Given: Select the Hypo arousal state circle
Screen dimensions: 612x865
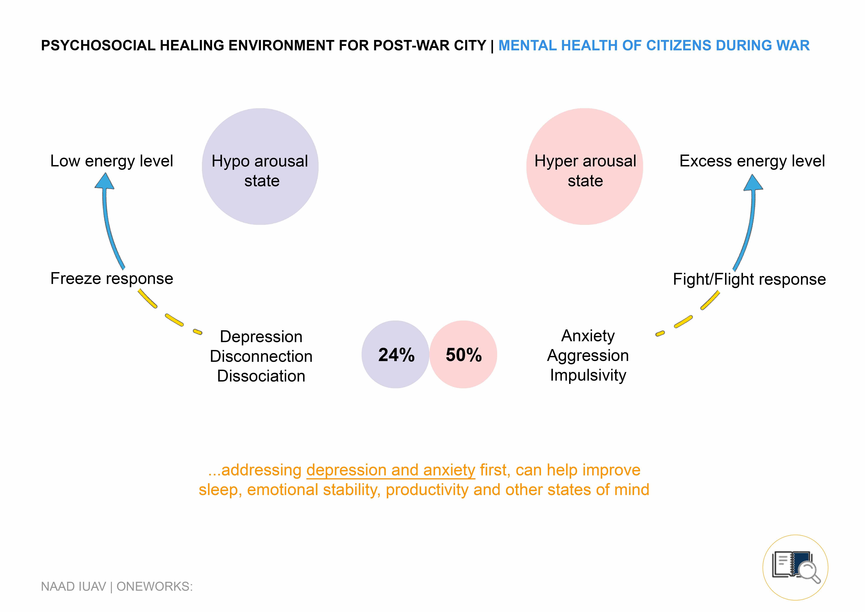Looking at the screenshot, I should point(260,167).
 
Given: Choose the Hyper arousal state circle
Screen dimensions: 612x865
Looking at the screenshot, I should point(585,167).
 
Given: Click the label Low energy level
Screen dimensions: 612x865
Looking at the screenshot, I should point(112,161).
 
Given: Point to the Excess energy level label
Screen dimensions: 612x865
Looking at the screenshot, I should point(752,161).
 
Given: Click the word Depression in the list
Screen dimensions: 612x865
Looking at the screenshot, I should point(261,336).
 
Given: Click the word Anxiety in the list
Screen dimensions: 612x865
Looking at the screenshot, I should point(588,336).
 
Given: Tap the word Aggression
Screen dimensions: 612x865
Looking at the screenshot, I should point(588,355).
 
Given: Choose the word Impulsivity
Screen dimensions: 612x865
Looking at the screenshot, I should point(588,375).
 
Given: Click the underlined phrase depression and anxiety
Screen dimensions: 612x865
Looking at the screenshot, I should point(391,470).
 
